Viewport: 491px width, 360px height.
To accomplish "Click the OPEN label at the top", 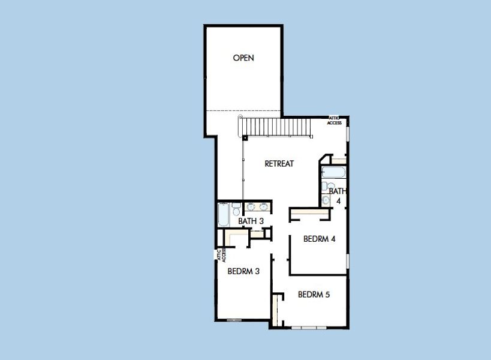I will coord(243,58).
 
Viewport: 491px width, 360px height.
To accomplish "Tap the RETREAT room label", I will coord(279,163).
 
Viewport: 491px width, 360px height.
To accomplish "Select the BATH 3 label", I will coord(251,221).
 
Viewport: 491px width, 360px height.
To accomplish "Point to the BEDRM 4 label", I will coord(319,239).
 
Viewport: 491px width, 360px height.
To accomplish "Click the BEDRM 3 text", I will coord(243,271).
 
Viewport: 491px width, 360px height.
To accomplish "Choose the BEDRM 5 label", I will coord(314,295).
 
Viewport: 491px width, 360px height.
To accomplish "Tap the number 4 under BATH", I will coord(338,201).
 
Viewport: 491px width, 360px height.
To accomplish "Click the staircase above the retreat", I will coord(276,127).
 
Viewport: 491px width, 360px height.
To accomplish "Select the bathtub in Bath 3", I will coord(223,215).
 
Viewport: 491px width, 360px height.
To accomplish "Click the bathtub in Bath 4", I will coord(333,173).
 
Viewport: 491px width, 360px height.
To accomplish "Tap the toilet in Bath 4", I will coord(324,186).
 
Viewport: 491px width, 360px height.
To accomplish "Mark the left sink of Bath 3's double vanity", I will coord(251,207).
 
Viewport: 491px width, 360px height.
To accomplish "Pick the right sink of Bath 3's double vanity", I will coord(263,207).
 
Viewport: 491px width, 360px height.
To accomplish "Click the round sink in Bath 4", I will coord(326,199).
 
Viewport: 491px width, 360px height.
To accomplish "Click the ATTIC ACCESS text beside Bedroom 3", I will coord(221,255).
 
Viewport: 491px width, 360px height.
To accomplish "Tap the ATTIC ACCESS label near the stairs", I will coord(335,121).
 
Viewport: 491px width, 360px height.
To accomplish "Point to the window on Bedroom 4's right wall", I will coord(348,262).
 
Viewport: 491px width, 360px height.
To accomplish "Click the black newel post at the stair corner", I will coord(245,138).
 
